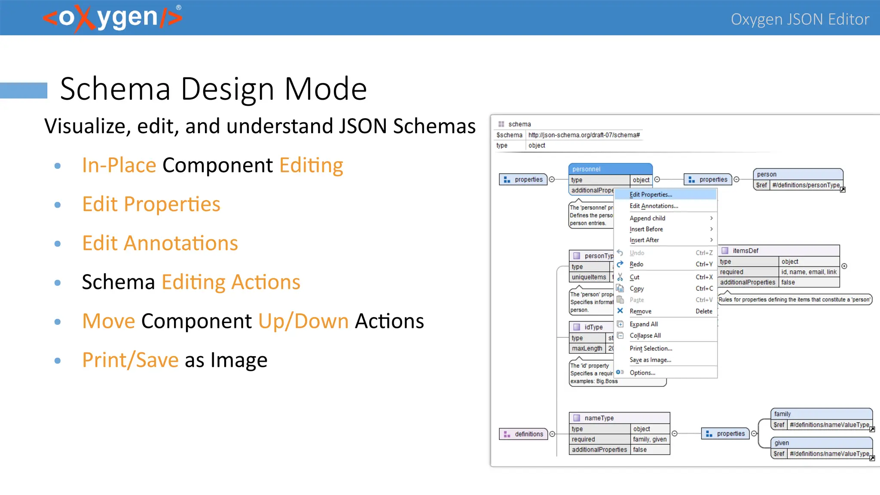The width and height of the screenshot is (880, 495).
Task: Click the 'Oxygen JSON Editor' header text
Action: tap(800, 19)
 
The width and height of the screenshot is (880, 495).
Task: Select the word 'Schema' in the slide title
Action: tap(115, 89)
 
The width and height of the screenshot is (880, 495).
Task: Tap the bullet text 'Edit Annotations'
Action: tap(160, 243)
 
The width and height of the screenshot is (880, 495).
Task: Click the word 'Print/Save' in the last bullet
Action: tap(130, 360)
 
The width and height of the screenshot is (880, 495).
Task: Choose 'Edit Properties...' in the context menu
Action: tap(651, 195)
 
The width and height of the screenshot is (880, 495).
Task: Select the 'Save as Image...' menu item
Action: tap(650, 360)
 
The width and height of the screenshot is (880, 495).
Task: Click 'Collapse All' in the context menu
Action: tap(645, 336)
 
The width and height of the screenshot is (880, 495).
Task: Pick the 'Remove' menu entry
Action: tap(640, 312)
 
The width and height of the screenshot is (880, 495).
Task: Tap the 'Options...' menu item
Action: tap(642, 373)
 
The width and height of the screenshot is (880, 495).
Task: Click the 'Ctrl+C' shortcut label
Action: tap(704, 289)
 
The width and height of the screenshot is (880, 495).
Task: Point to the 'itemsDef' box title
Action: tap(746, 251)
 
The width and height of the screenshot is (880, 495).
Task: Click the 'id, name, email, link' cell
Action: tap(809, 272)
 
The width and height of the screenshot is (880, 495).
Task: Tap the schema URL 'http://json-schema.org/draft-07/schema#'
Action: tap(584, 135)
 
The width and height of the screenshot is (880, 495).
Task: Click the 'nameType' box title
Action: tap(599, 418)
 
